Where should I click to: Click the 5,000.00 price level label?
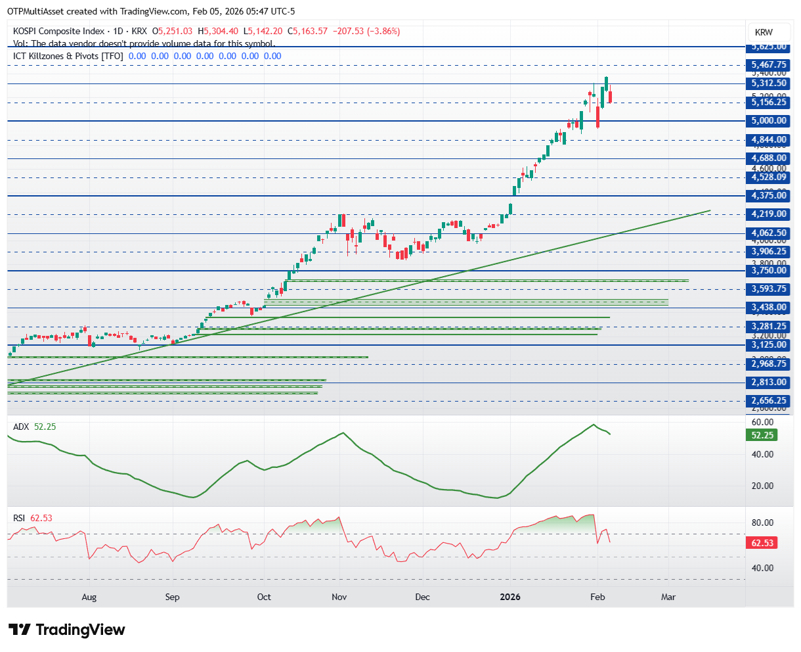pos(769,121)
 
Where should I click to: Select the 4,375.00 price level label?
pos(769,195)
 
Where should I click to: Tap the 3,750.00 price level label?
pos(769,270)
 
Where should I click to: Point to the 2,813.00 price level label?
pos(769,382)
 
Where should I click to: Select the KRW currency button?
pos(764,32)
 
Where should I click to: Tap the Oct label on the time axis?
pos(264,597)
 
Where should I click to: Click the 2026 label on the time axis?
pos(510,597)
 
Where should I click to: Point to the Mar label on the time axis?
pos(668,597)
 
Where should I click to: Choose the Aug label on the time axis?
pos(89,597)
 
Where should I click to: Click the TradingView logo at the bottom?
pos(67,630)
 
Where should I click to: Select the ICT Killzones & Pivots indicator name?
pos(68,56)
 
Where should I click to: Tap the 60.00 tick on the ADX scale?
pos(762,422)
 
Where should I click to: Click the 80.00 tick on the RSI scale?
pos(762,523)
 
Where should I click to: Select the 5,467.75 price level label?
pos(769,65)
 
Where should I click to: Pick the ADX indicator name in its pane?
pos(21,427)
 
